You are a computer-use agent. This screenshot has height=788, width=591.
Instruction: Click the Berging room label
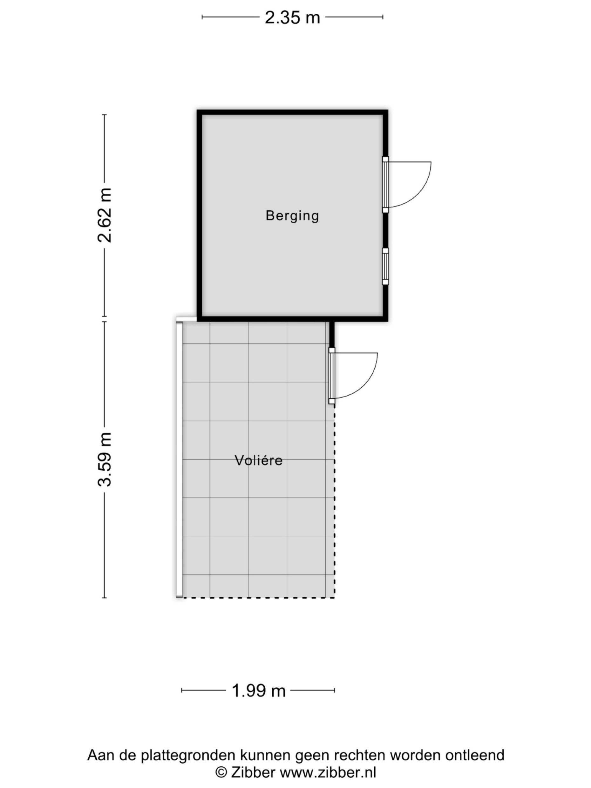292,216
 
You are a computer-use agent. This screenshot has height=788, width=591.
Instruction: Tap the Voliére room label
259,460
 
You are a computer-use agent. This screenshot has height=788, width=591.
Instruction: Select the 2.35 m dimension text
292,17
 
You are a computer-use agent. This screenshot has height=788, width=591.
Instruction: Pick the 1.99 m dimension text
259,691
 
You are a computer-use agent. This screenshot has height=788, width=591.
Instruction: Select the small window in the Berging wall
385,267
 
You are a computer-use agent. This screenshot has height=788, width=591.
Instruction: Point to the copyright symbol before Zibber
221,772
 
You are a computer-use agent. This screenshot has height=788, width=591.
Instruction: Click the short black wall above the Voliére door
332,334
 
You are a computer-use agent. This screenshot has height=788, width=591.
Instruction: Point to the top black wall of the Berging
292,112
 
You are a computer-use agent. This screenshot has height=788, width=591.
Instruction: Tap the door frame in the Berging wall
385,185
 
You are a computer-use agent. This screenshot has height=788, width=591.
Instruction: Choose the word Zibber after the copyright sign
253,772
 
